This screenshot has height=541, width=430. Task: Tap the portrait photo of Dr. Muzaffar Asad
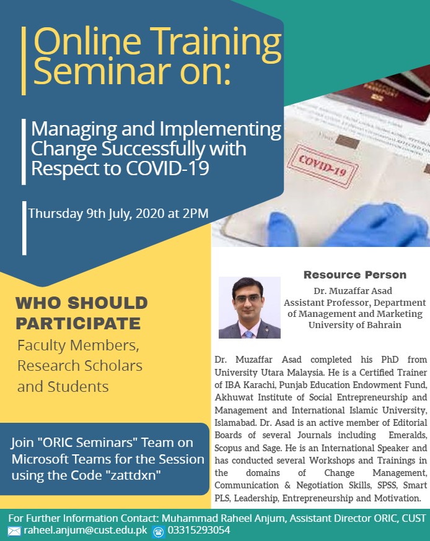click(x=249, y=308)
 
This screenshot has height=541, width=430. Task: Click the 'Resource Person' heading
click(x=354, y=275)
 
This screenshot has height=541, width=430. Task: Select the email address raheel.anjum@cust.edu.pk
click(x=86, y=530)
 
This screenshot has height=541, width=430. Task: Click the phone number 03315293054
click(x=199, y=530)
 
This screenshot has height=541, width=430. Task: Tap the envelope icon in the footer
click(x=14, y=531)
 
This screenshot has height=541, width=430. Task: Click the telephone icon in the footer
click(x=159, y=531)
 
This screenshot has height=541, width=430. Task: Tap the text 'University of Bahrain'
click(x=354, y=325)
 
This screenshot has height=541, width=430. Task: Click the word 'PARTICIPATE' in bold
click(x=78, y=324)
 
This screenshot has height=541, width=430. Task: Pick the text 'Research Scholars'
click(x=80, y=366)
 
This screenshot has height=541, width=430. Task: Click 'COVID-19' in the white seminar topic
click(x=167, y=169)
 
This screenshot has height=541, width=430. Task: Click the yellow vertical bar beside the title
click(x=24, y=61)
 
